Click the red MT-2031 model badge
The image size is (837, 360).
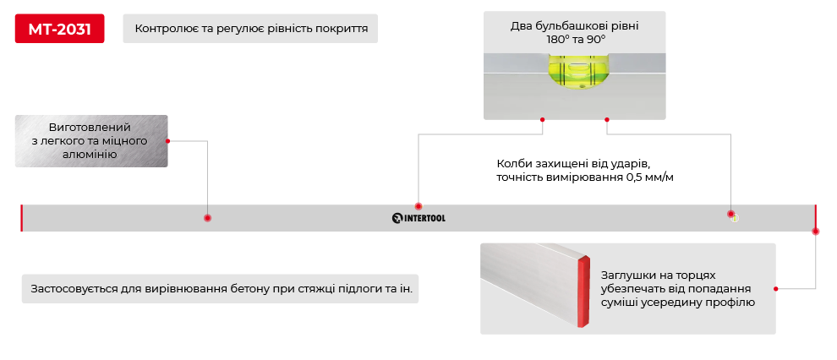click(x=59, y=28)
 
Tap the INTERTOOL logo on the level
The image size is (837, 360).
click(x=418, y=218)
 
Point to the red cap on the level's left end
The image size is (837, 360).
click(x=21, y=217)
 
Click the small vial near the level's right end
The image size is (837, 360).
click(x=735, y=217)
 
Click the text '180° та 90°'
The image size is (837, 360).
click(x=574, y=40)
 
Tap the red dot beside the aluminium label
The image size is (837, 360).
click(x=167, y=141)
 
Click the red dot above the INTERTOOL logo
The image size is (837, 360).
click(x=418, y=206)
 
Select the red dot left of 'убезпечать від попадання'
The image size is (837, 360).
click(x=775, y=288)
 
